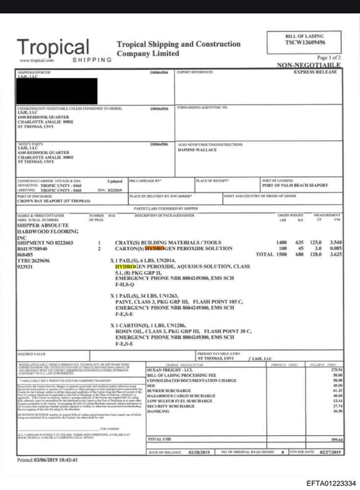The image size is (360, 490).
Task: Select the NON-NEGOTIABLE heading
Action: coord(309,65)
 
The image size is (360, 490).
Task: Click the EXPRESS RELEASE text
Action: coord(315,72)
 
